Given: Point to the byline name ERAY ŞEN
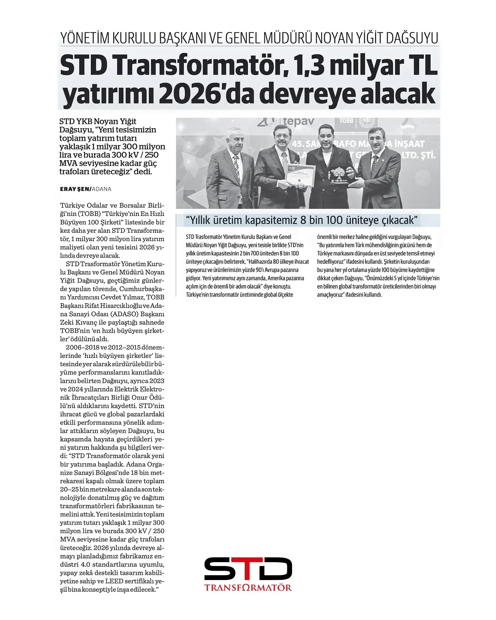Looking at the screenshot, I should tap(75, 189).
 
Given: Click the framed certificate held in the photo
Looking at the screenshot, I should tap(300, 175).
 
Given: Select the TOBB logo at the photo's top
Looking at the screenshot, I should tap(346, 121).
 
